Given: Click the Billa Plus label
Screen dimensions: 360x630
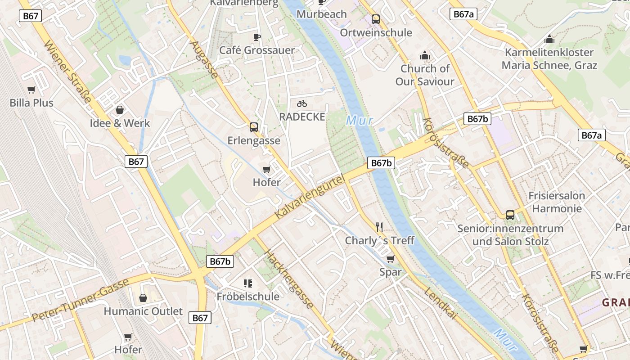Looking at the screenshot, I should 31,103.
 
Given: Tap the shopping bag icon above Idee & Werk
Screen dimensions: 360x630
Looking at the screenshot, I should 120,109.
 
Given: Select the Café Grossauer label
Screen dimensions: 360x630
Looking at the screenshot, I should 256,50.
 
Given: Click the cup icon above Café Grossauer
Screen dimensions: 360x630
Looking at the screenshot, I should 256,36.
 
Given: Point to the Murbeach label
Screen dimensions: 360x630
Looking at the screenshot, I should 322,14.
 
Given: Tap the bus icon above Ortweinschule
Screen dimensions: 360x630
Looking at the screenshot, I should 376,19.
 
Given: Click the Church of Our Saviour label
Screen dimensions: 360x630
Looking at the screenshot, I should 425,75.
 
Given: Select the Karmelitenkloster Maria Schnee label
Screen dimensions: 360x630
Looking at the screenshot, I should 549,59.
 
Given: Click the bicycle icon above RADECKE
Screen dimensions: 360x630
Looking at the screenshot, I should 302,104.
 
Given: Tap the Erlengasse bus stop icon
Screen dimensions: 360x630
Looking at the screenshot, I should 254,127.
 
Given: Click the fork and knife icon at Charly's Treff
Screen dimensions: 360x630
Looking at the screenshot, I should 379,227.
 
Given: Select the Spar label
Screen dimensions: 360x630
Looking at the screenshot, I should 390,272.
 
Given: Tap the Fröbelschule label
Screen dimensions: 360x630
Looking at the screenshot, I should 248,297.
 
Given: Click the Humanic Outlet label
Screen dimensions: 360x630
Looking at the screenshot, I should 143,311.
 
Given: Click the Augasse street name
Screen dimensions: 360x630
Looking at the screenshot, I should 204,59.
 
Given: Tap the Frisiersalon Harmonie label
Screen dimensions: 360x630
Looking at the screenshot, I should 557,202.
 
